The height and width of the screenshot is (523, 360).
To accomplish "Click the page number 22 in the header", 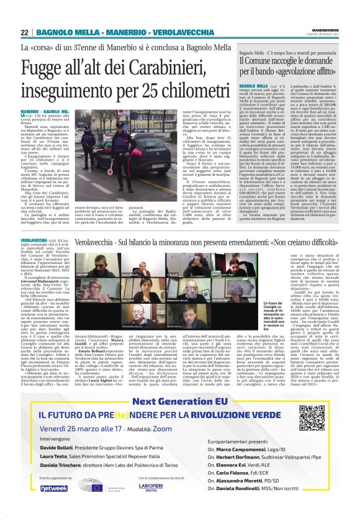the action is [25, 32].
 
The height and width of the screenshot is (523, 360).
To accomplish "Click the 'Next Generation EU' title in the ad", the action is [178, 383].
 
